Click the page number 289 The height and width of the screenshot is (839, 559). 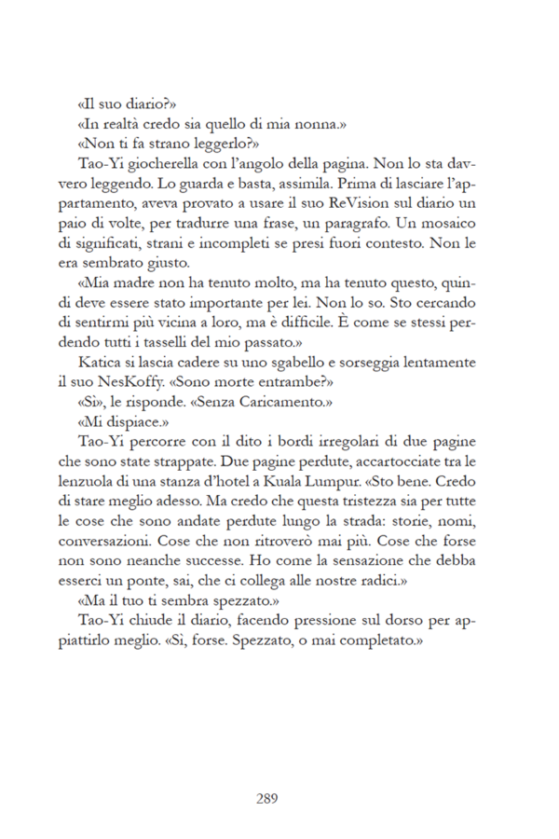coord(266,798)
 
